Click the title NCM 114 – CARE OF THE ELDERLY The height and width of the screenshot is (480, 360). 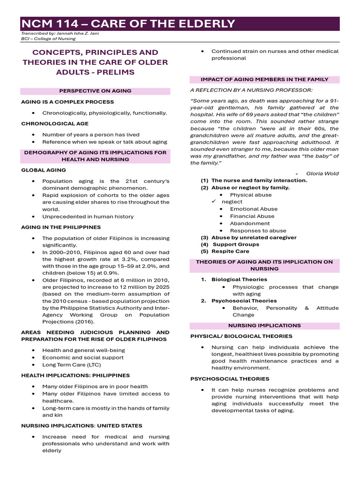(127, 24)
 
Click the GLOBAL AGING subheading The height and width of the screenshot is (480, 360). (44, 170)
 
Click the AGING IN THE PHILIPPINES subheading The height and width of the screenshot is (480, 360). (61, 227)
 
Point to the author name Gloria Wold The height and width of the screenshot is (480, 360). (322, 173)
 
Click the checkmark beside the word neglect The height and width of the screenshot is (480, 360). (212, 202)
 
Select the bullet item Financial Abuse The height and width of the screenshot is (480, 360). (252, 216)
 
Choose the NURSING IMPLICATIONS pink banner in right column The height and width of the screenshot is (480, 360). (264, 325)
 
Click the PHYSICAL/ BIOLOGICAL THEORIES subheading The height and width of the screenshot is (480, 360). (241, 336)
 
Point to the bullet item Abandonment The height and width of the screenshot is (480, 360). (250, 223)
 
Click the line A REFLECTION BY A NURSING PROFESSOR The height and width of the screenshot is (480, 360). (251, 90)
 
